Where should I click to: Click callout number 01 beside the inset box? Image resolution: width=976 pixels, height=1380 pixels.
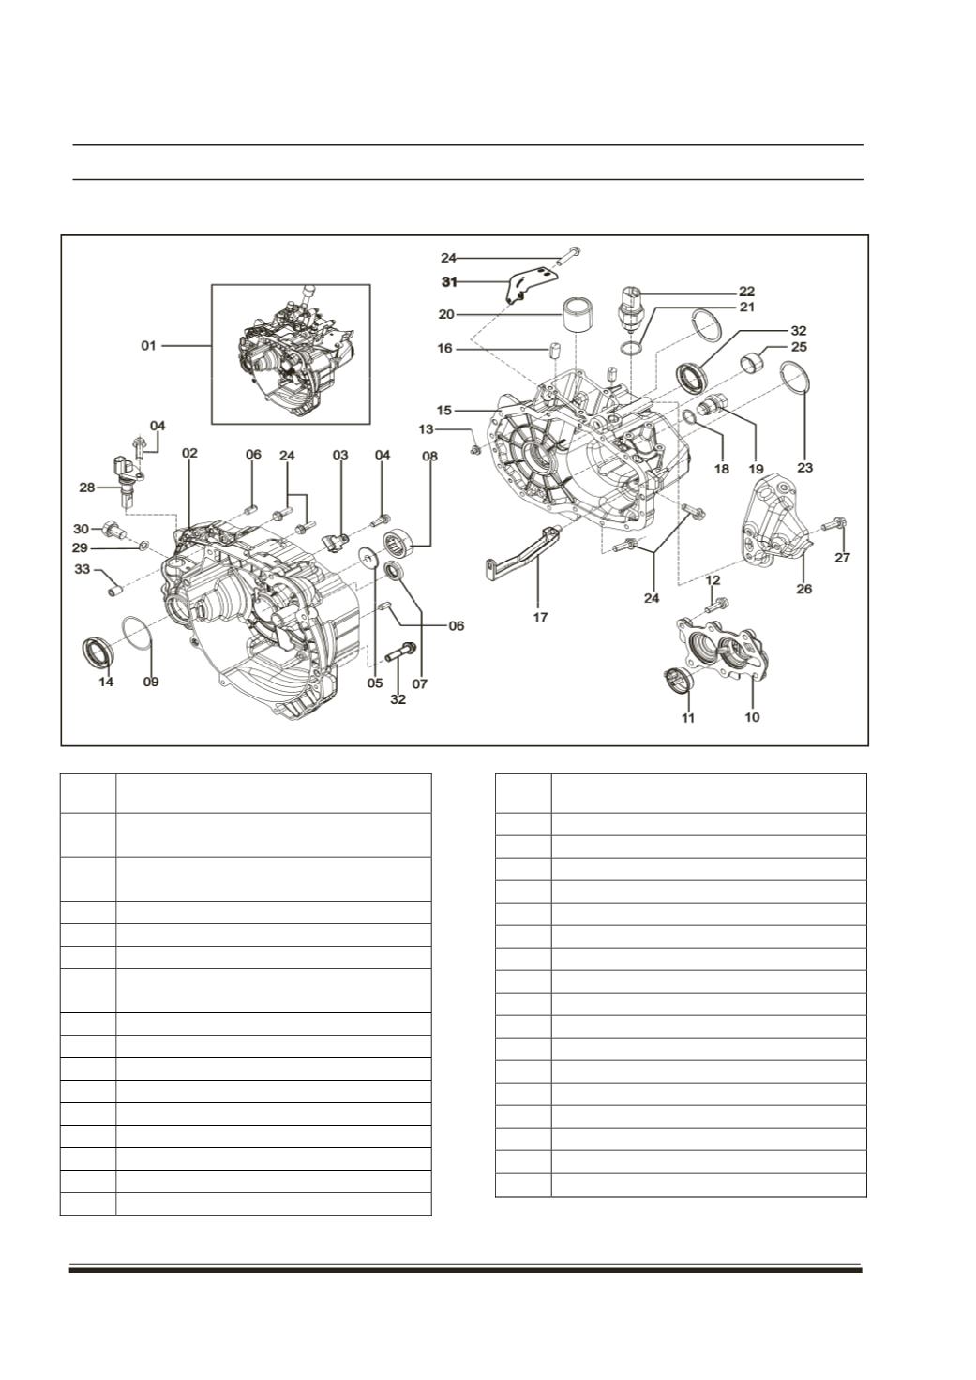[148, 346]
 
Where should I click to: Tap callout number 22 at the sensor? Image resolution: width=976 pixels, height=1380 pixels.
[747, 291]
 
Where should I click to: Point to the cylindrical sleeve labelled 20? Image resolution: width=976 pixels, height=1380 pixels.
[579, 314]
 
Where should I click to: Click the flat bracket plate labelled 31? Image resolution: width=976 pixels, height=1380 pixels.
[530, 284]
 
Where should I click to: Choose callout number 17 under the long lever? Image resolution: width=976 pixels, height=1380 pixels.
[540, 617]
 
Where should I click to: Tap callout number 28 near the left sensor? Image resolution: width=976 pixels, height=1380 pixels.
[87, 487]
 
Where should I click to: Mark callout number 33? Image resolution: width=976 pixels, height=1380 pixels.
[82, 569]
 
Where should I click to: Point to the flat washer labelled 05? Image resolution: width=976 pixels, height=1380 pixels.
[368, 558]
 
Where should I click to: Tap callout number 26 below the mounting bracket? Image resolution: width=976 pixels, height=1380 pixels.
[804, 589]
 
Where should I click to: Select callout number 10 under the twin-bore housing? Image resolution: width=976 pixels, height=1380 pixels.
[752, 716]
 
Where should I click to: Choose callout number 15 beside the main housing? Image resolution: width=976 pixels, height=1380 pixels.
[444, 410]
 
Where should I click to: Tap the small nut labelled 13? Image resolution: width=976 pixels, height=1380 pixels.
[475, 449]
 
